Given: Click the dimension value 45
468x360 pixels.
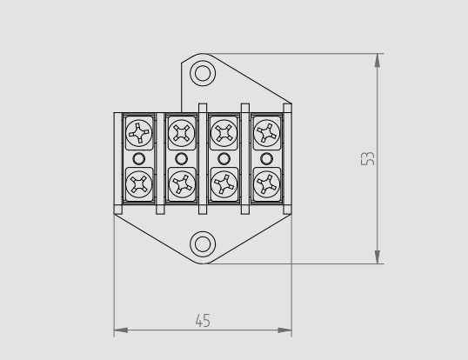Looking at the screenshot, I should pyautogui.click(x=202, y=320).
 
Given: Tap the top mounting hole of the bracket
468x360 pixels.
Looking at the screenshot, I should pyautogui.click(x=202, y=72).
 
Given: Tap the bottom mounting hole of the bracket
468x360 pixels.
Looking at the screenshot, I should pyautogui.click(x=202, y=244).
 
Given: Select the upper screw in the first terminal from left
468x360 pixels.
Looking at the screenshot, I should pyautogui.click(x=138, y=133).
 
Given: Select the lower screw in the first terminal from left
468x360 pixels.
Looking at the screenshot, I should pyautogui.click(x=138, y=183).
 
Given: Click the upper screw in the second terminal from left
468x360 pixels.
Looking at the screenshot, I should pyautogui.click(x=181, y=133).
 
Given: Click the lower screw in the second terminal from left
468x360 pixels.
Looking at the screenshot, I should pyautogui.click(x=181, y=183).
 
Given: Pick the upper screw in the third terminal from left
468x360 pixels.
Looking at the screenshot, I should pyautogui.click(x=224, y=133).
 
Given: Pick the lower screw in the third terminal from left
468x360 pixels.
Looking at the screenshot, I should pyautogui.click(x=224, y=183).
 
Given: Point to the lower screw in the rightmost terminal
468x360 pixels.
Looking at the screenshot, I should pyautogui.click(x=266, y=183).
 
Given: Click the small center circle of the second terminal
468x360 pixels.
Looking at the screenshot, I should pyautogui.click(x=181, y=158).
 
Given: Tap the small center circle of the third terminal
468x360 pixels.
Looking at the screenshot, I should pyautogui.click(x=224, y=158).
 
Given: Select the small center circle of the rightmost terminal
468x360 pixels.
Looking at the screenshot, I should pyautogui.click(x=266, y=158).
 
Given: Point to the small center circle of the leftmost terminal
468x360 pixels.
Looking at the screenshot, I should pyautogui.click(x=138, y=158).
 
